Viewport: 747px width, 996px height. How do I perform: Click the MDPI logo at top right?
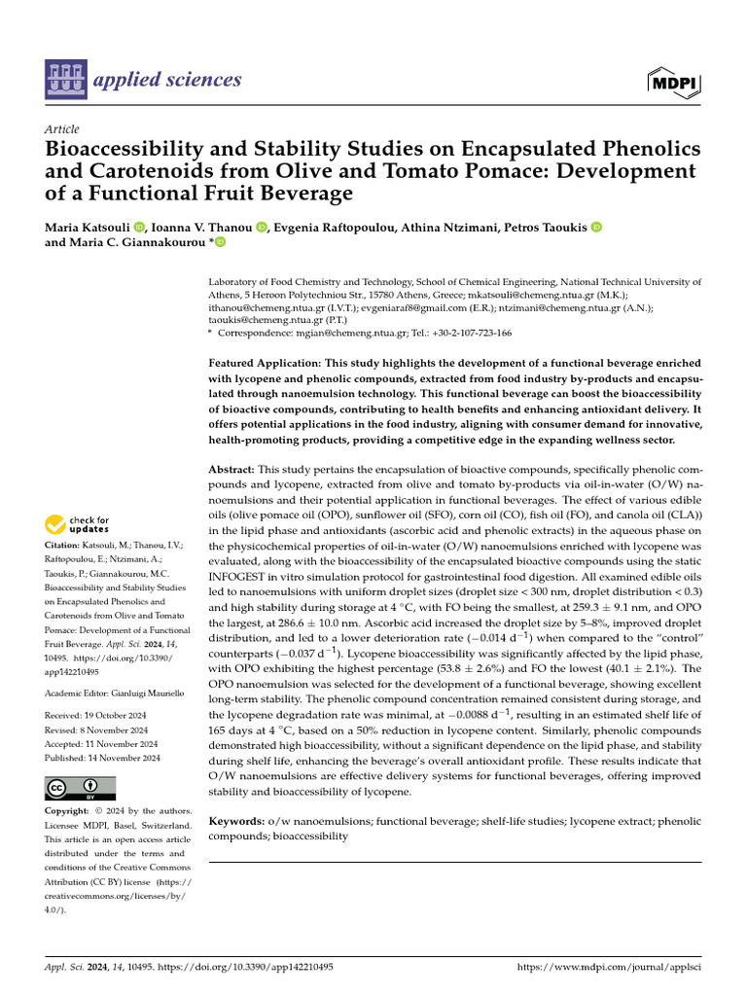pos(672,83)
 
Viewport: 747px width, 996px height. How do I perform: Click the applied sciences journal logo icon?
pos(65,80)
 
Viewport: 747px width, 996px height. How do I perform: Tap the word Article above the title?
pos(62,129)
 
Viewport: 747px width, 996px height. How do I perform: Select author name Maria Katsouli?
pos(88,227)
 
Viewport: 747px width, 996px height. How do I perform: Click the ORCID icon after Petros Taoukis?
pos(596,227)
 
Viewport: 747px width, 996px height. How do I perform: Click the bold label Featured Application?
pos(278,363)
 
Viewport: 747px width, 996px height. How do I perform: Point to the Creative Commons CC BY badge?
pos(81,788)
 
